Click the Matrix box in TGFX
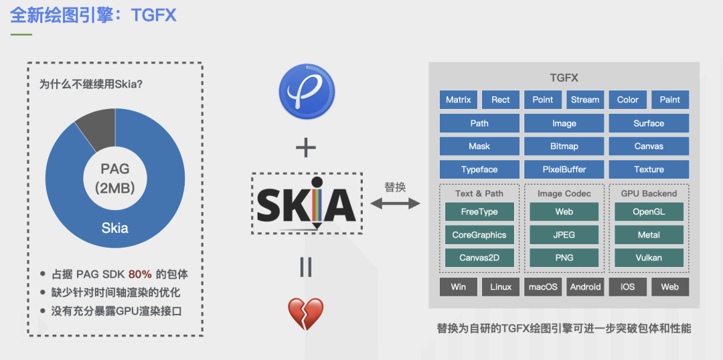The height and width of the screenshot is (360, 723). pyautogui.click(x=459, y=100)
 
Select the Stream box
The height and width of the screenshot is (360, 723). pyautogui.click(x=585, y=100)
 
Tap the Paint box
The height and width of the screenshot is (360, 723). pyautogui.click(x=669, y=100)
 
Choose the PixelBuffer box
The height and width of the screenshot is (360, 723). pyautogui.click(x=564, y=169)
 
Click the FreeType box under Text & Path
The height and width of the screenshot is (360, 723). pyautogui.click(x=479, y=212)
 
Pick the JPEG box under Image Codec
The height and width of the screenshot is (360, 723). pyautogui.click(x=564, y=235)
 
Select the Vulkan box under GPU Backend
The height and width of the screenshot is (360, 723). pyautogui.click(x=649, y=258)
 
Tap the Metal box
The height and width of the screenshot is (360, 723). pyautogui.click(x=649, y=235)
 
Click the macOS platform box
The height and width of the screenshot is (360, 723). pyautogui.click(x=543, y=287)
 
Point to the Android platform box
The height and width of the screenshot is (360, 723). pyautogui.click(x=585, y=287)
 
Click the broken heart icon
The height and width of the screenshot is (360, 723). pyautogui.click(x=305, y=314)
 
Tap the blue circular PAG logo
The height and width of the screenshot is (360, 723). pyautogui.click(x=307, y=92)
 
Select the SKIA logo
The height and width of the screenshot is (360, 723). pyautogui.click(x=306, y=203)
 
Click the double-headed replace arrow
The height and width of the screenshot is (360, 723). pyautogui.click(x=396, y=203)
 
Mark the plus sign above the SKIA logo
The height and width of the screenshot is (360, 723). pyautogui.click(x=306, y=147)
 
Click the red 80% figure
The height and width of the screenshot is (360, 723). pyautogui.click(x=140, y=274)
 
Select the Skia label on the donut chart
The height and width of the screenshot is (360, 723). pyautogui.click(x=114, y=228)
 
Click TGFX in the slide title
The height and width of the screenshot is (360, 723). pyautogui.click(x=154, y=15)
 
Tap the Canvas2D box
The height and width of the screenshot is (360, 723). pyautogui.click(x=479, y=258)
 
